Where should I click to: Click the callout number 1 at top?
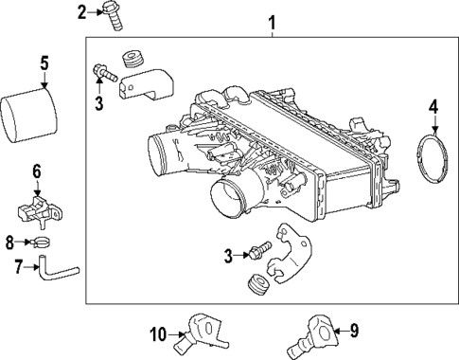[x=273, y=22]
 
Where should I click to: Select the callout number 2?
[x=81, y=11]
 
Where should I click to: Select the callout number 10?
[x=158, y=333]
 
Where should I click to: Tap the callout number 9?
[x=355, y=331]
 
